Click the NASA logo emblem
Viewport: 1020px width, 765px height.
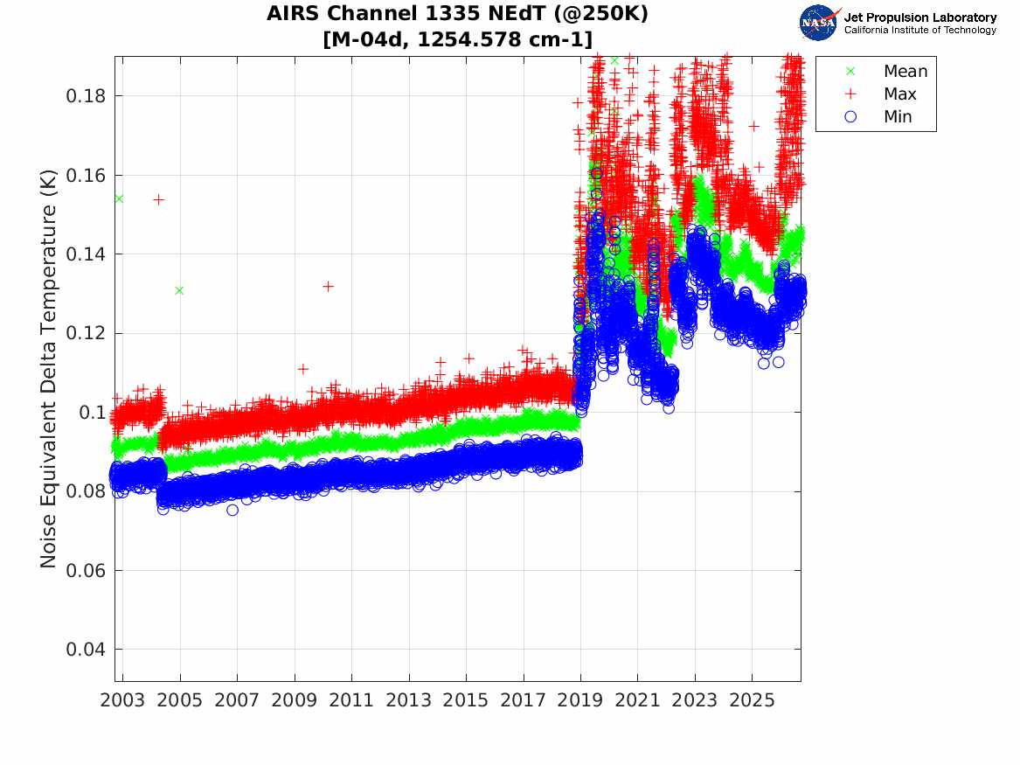click(818, 22)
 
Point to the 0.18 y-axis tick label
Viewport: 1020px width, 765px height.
click(85, 96)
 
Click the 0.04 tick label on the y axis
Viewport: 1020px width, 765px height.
click(85, 650)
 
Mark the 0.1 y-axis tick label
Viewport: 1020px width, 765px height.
click(92, 413)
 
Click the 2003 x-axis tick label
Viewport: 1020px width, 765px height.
click(122, 700)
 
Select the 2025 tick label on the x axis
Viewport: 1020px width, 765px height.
click(752, 700)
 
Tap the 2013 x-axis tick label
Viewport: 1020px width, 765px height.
click(408, 700)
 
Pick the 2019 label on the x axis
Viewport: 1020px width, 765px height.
click(580, 700)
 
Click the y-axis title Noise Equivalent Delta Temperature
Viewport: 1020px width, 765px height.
click(48, 369)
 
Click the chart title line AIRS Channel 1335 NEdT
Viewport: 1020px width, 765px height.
click(457, 14)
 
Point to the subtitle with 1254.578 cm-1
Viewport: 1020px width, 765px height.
click(457, 39)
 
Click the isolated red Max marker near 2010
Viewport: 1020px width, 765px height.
click(328, 286)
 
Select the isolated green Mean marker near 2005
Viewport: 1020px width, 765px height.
click(179, 290)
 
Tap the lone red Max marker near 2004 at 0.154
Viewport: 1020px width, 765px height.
click(159, 199)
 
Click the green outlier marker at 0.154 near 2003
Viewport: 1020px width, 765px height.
click(119, 198)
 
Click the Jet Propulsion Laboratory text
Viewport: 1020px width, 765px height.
click(920, 17)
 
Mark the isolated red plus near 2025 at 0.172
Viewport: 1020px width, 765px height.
click(753, 126)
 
